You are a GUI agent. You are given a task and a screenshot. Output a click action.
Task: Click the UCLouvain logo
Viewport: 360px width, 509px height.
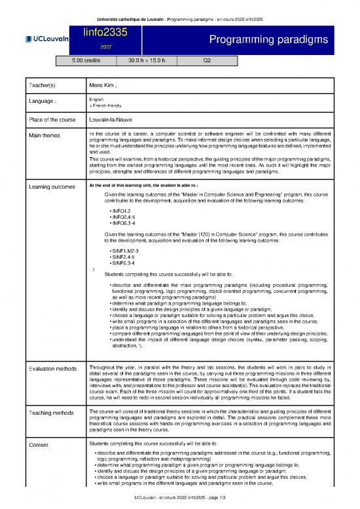47,39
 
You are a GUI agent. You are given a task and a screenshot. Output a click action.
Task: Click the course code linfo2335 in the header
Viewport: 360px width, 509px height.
105,32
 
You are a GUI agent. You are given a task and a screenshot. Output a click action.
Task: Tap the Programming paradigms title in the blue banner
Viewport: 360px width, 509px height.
268,41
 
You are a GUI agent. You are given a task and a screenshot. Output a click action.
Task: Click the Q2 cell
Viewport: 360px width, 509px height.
206,61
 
